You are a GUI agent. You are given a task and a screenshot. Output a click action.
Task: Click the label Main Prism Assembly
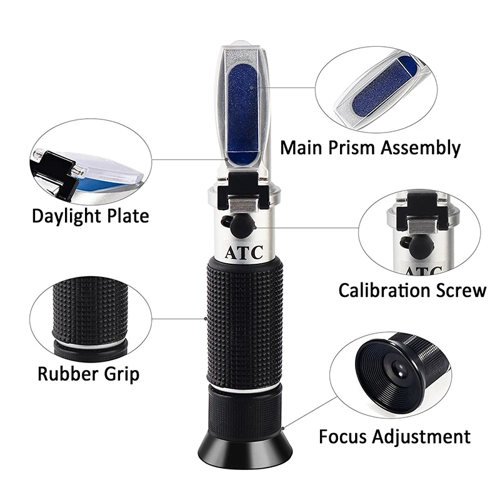(x=370, y=148)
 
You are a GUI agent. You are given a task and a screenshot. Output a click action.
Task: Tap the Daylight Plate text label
(x=91, y=216)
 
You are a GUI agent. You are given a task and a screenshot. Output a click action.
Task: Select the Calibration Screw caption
(x=412, y=290)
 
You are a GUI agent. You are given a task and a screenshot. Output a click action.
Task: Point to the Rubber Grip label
(x=88, y=374)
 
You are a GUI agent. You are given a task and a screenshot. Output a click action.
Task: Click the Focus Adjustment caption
(x=394, y=436)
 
